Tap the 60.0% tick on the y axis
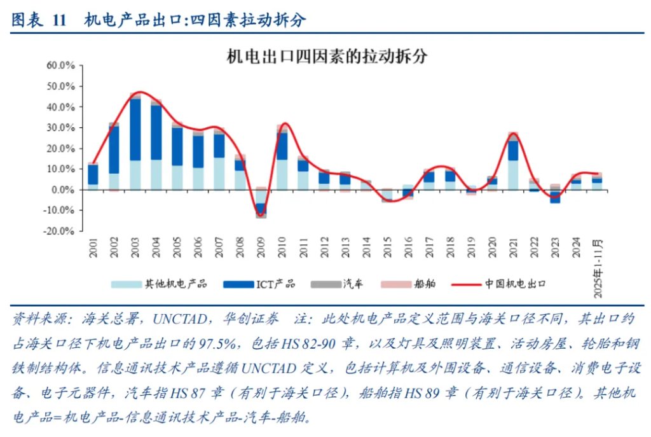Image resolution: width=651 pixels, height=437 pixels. coord(61,66)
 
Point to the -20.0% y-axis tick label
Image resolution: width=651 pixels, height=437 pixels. coord(60,232)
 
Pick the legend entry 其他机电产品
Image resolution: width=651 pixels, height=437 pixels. coord(159,284)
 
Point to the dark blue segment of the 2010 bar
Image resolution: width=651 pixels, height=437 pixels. coord(282,146)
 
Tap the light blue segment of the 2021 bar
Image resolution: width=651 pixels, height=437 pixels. coord(513,175)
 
